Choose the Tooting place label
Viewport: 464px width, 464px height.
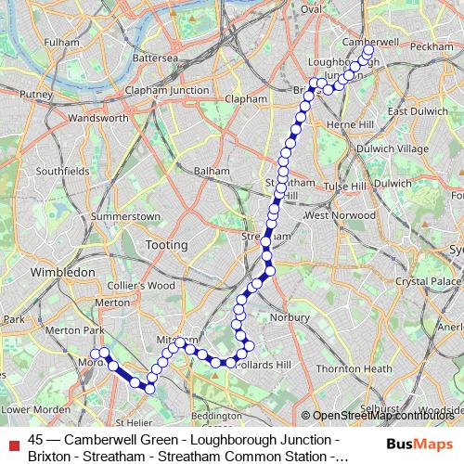[167, 245]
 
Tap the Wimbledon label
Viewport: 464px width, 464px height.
[63, 273]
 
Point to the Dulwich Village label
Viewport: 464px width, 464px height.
[393, 148]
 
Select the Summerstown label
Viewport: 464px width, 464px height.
[128, 216]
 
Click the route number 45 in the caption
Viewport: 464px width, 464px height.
[36, 438]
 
